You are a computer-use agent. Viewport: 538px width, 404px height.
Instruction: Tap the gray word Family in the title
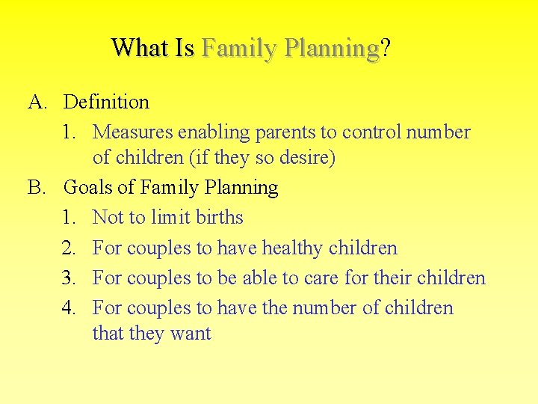tap(238, 48)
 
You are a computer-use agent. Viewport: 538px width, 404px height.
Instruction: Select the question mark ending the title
tap(385, 48)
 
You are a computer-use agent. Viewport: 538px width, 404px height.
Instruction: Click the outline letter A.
tap(37, 102)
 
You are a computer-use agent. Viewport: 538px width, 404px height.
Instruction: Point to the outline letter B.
tap(36, 187)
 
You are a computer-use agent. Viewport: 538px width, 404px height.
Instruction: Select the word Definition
tap(106, 102)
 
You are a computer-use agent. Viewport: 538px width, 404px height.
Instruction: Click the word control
tap(371, 132)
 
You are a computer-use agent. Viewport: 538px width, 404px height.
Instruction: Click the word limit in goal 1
tap(170, 218)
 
